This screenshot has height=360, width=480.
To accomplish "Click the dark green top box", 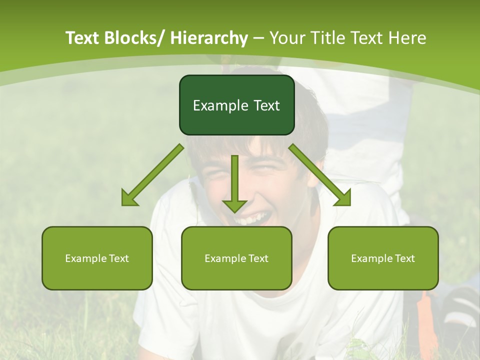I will coord(236,105).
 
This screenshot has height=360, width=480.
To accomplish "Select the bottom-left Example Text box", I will coord(97,258).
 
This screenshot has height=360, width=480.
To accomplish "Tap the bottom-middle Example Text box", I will coord(236,258).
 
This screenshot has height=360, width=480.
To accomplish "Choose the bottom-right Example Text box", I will coord(383,258).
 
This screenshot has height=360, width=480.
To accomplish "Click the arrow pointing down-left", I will coord(152,175).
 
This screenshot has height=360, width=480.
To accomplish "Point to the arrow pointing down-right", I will coord(320,175).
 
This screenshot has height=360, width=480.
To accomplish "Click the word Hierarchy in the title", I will coord(208,38).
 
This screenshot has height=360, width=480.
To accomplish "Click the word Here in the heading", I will coord(409,38).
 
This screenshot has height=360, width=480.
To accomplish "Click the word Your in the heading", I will coord(287,38).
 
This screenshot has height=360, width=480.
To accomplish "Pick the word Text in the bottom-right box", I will coord(405,258).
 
